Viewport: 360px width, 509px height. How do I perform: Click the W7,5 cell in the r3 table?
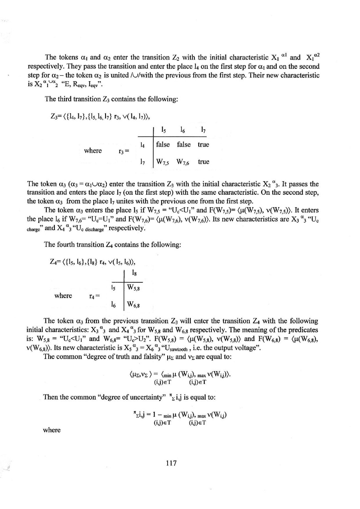coord(164,162)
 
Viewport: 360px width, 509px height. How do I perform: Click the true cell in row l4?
coord(203,145)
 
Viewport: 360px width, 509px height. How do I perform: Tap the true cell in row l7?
coord(203,162)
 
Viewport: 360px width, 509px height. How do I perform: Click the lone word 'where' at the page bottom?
coord(52,430)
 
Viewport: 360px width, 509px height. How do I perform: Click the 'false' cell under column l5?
coord(163,145)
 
